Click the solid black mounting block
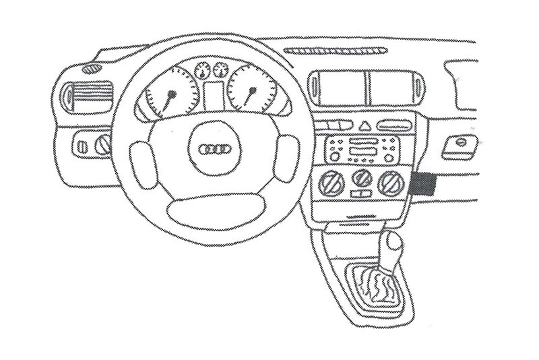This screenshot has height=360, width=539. tap(422, 183)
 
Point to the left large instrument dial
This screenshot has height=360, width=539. tap(166, 94)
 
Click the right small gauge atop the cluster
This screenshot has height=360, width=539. tap(219, 69)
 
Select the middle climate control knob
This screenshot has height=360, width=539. tap(362, 179)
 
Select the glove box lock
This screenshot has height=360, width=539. tap(462, 143)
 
